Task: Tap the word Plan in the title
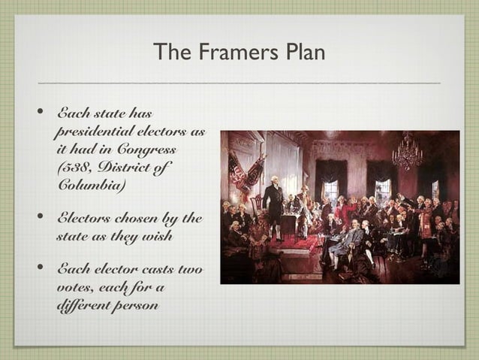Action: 303,53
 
